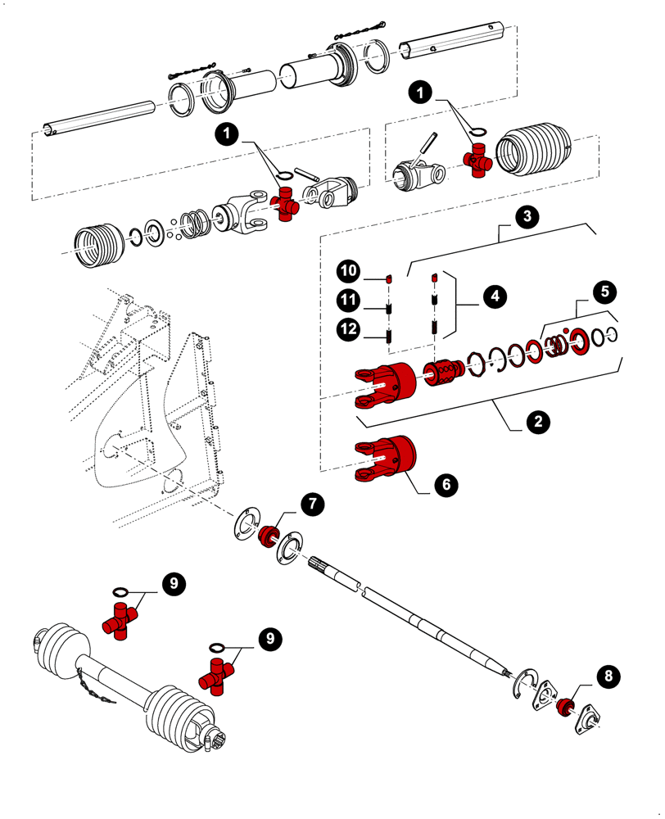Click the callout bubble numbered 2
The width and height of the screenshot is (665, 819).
pos(536,422)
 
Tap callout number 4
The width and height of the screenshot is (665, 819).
pos(494,296)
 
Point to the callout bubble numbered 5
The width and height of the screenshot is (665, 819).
pos(604,291)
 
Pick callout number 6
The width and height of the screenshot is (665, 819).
pos(446,484)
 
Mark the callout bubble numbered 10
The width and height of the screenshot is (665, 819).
pos(348,269)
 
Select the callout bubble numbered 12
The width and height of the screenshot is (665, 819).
pos(348,329)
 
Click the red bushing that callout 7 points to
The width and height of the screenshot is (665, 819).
pos(267,537)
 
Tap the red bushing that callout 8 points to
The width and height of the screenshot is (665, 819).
pos(563,706)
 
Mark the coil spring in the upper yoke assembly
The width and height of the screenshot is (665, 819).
pos(193,223)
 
